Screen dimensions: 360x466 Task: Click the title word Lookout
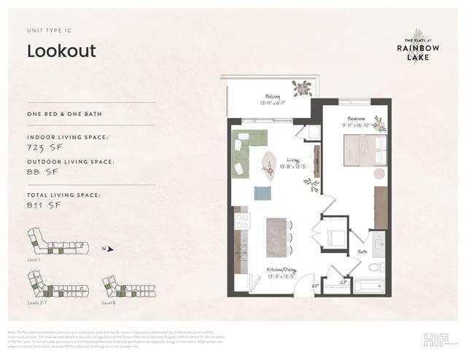(x=61, y=51)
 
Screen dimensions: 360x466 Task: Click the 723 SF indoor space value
(x=43, y=147)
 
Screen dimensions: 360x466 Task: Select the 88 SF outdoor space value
(x=40, y=172)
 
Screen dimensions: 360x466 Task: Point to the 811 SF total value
(x=42, y=206)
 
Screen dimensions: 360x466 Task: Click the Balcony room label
(x=272, y=95)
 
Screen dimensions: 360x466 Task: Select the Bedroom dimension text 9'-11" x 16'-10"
(x=357, y=125)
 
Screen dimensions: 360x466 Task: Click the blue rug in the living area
(x=263, y=193)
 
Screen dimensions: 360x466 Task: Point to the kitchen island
(x=276, y=238)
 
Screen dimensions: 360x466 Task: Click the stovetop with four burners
(x=242, y=220)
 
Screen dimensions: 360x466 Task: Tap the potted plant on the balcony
(x=300, y=89)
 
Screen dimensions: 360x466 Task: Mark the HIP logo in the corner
(x=432, y=340)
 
